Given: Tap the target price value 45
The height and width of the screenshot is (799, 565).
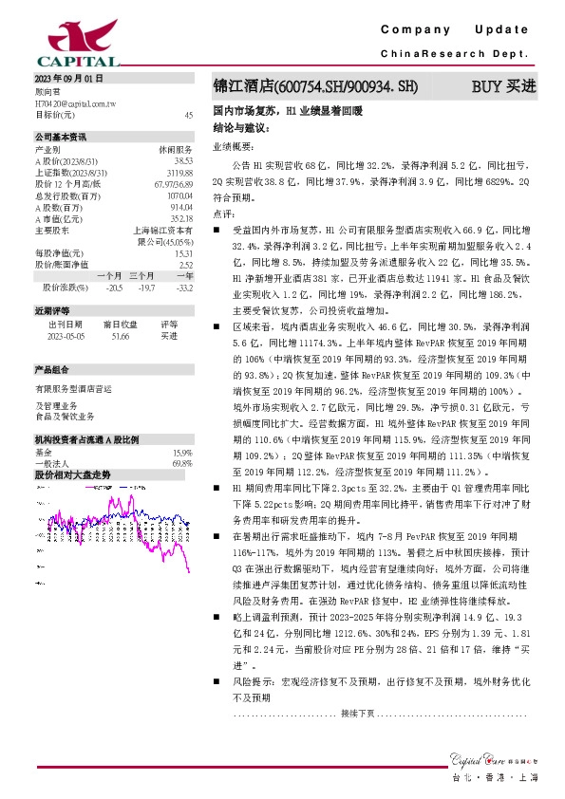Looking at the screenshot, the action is tap(188, 114).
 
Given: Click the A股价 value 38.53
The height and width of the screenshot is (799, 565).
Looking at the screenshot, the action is tap(182, 161).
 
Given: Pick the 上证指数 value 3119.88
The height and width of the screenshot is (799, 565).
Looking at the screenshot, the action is tap(179, 172).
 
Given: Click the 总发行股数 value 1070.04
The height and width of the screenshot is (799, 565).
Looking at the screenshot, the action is tap(179, 194).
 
